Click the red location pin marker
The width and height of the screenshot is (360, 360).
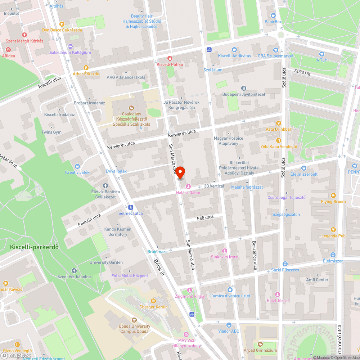click(180, 173)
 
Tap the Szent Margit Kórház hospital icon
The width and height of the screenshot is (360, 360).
click(24, 35)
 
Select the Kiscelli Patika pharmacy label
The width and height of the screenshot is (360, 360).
click(170, 64)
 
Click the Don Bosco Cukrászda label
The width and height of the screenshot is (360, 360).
click(62, 30)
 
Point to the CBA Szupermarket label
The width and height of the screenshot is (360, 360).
click(275, 56)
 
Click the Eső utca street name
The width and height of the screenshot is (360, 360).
click(205, 217)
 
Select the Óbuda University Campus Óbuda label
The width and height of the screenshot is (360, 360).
click(135, 329)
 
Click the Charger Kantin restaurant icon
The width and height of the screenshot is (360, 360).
click(153, 301)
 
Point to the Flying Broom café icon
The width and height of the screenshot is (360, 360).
click(333, 195)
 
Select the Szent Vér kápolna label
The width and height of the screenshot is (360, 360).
click(74, 276)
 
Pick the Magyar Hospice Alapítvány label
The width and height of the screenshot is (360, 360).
click(229, 141)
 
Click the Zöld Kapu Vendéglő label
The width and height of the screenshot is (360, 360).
click(279, 147)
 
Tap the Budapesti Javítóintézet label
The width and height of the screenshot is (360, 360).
click(244, 94)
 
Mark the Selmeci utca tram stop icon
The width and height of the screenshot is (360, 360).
click(130, 207)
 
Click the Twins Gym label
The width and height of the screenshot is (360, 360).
click(51, 132)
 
